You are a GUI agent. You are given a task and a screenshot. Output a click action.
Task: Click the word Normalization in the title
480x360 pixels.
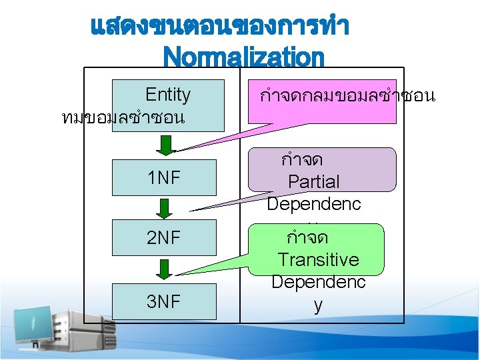[243, 57]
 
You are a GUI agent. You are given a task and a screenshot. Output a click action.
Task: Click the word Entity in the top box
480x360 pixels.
[167, 95]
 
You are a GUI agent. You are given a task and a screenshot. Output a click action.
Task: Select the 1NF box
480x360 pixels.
[164, 177]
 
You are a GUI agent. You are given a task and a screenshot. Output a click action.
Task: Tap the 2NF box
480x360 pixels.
[164, 237]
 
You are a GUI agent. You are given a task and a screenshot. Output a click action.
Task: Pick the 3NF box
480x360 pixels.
[164, 301]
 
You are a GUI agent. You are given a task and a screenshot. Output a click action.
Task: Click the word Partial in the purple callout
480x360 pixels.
[313, 181]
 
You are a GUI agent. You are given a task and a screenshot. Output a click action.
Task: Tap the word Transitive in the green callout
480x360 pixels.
[318, 259]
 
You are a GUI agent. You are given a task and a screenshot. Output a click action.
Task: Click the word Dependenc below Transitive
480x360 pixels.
[318, 282]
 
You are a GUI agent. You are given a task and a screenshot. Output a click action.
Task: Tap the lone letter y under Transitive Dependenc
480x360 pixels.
[318, 305]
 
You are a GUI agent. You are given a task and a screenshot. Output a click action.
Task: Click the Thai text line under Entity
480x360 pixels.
[123, 118]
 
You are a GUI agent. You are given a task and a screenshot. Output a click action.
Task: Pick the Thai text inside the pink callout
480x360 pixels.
[347, 96]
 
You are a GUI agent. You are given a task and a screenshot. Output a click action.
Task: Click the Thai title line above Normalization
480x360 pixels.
[219, 27]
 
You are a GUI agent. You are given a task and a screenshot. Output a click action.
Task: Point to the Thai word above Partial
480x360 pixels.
[303, 160]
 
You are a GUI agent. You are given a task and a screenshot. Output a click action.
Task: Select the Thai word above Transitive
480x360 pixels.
[307, 237]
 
